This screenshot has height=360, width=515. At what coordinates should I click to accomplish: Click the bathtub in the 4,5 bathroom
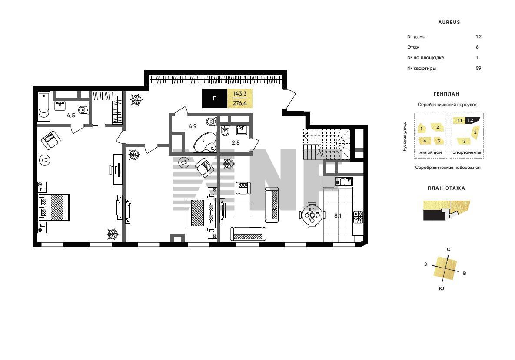(44, 107)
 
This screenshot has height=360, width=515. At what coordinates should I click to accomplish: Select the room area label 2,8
(236, 143)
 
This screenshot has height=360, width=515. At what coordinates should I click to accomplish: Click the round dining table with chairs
(312, 215)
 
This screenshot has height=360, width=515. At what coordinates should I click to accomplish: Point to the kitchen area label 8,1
(338, 215)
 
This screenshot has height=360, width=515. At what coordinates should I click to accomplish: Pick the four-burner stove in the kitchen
(358, 217)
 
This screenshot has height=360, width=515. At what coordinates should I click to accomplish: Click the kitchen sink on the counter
(344, 182)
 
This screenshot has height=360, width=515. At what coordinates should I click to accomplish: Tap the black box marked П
(214, 98)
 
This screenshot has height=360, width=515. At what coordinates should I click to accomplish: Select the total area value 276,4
(240, 103)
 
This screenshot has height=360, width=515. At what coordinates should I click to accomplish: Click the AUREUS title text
(449, 22)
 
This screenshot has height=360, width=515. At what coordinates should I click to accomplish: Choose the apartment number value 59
(478, 68)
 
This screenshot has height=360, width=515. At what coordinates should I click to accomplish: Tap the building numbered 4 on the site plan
(425, 141)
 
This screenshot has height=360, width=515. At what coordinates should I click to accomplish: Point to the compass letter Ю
(442, 288)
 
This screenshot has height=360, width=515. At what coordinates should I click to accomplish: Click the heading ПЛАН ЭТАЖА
(446, 188)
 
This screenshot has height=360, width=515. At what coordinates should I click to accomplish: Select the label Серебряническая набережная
(448, 167)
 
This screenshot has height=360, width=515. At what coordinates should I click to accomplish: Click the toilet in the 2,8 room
(225, 131)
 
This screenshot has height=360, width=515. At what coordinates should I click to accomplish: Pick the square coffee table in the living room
(243, 210)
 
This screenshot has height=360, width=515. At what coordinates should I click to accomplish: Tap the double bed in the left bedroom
(54, 207)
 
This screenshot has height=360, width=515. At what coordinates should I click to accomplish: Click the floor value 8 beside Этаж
(477, 47)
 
